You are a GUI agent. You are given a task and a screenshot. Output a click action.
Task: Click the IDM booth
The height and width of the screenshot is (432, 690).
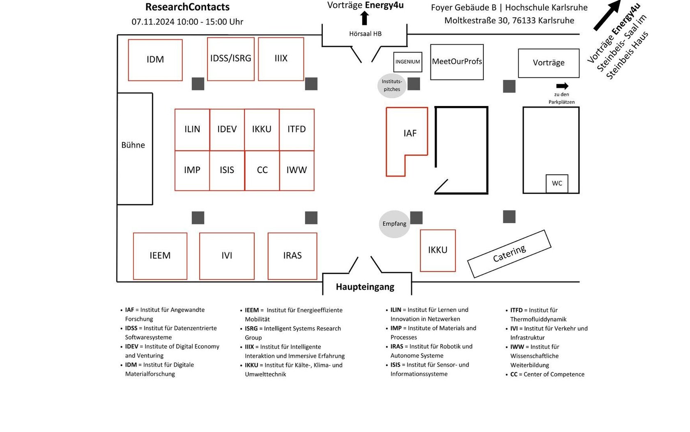(x=155, y=60)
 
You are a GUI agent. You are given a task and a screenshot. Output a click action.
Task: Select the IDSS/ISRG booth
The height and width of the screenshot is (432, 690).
(x=231, y=59)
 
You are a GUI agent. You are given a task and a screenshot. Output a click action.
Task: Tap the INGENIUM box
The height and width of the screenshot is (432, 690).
(x=407, y=62)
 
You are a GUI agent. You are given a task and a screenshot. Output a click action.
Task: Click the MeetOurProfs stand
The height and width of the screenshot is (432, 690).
(x=457, y=62)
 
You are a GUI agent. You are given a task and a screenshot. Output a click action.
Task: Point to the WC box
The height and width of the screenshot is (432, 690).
(x=557, y=183)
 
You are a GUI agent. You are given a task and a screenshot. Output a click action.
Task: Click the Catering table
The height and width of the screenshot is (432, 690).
(x=509, y=254)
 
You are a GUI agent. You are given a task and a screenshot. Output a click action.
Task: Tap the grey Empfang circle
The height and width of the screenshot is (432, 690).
(x=394, y=224)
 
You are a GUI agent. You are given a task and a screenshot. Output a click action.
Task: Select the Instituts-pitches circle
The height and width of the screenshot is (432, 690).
(x=392, y=85)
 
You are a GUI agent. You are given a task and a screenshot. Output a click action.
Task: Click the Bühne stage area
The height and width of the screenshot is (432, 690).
(x=135, y=149)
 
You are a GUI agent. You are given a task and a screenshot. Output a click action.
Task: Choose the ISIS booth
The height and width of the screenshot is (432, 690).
(x=227, y=170)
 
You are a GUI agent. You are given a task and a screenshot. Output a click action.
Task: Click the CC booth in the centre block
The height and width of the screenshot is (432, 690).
(x=262, y=170)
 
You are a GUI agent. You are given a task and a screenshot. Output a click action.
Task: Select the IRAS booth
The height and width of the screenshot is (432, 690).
(x=292, y=256)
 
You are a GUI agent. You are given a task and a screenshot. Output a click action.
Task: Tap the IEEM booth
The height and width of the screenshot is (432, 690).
(x=160, y=256)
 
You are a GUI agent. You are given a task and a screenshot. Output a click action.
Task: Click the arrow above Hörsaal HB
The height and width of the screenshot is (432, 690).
(x=364, y=18)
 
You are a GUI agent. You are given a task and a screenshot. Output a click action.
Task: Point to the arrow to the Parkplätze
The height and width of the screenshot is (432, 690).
(x=562, y=86)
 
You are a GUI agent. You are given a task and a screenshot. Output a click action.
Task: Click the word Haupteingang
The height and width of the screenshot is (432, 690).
(x=365, y=287)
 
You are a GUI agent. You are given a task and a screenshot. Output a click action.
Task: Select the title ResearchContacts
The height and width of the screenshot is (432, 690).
(x=187, y=7)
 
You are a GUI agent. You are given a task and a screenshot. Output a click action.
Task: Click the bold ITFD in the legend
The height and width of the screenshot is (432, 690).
(x=516, y=310)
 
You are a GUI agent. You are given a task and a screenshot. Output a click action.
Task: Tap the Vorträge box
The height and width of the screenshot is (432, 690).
(x=549, y=63)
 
